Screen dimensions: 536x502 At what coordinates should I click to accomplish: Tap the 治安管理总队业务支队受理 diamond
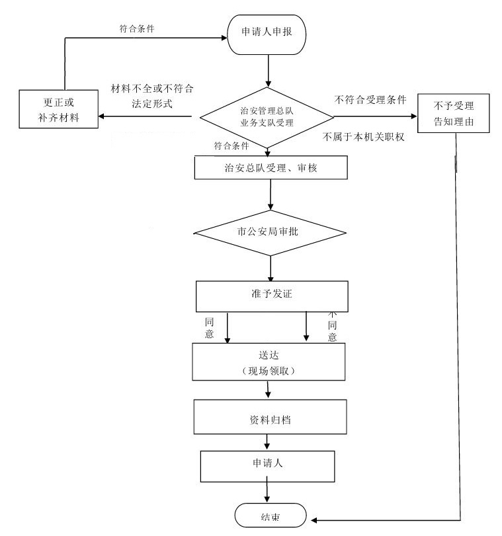click(267, 118)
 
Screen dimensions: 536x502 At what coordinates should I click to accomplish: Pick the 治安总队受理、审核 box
click(271, 167)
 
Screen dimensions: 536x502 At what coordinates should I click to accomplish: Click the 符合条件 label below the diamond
click(231, 145)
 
